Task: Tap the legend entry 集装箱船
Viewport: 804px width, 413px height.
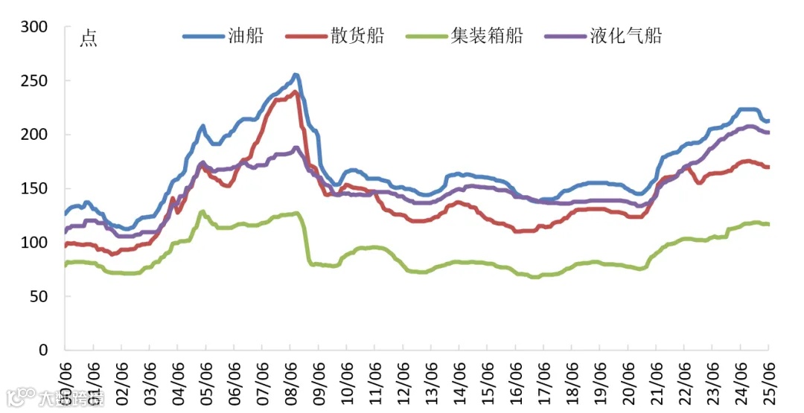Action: coord(487,35)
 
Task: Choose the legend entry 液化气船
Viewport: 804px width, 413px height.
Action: coord(625,35)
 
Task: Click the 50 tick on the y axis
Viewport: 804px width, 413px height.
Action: coord(39,296)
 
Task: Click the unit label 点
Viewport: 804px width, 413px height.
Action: coord(89,39)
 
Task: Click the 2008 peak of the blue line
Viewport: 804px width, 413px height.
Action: coord(296,74)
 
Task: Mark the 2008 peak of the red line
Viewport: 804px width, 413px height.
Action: coord(296,92)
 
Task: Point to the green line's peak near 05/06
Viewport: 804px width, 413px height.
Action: coord(201,211)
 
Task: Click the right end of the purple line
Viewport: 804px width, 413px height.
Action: coord(768,132)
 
